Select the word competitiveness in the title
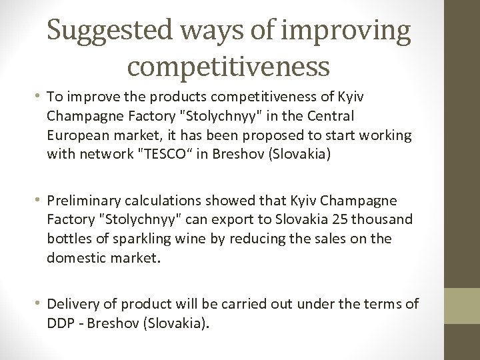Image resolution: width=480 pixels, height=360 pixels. click(x=227, y=67)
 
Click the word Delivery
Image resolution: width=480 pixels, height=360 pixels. click(x=71, y=305)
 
